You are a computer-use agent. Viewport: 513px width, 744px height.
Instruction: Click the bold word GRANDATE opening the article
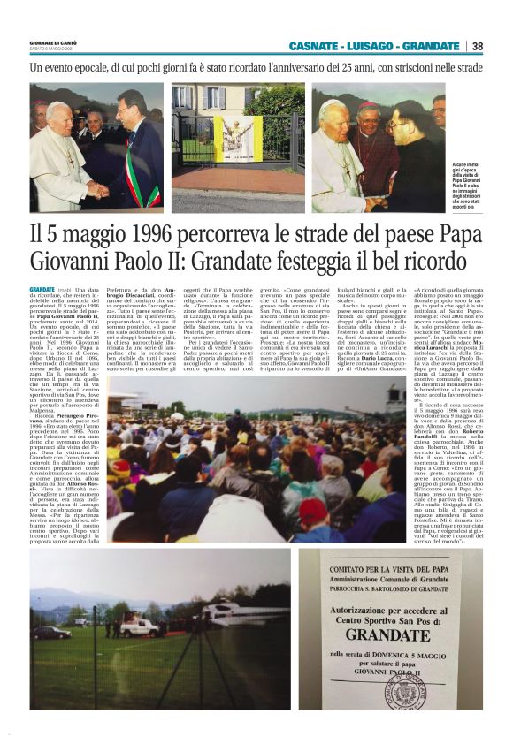tap(42, 290)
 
